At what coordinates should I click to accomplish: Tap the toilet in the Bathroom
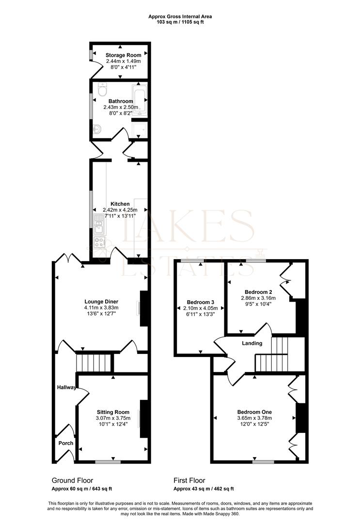click(x=102, y=90)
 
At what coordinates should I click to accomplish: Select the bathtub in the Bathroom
click(x=140, y=100)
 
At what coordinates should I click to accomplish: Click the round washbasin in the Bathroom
click(x=97, y=129)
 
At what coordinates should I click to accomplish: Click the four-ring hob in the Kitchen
click(x=100, y=242)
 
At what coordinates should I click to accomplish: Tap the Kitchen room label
click(x=120, y=204)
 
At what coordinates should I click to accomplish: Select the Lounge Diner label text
click(x=101, y=301)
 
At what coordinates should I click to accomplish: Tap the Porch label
click(x=66, y=443)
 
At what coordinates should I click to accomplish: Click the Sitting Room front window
click(x=108, y=462)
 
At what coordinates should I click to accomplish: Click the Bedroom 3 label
click(x=199, y=302)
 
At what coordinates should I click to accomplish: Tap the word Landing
click(x=252, y=343)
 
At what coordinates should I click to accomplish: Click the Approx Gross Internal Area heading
click(x=180, y=16)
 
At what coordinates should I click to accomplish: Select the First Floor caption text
click(x=189, y=480)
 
